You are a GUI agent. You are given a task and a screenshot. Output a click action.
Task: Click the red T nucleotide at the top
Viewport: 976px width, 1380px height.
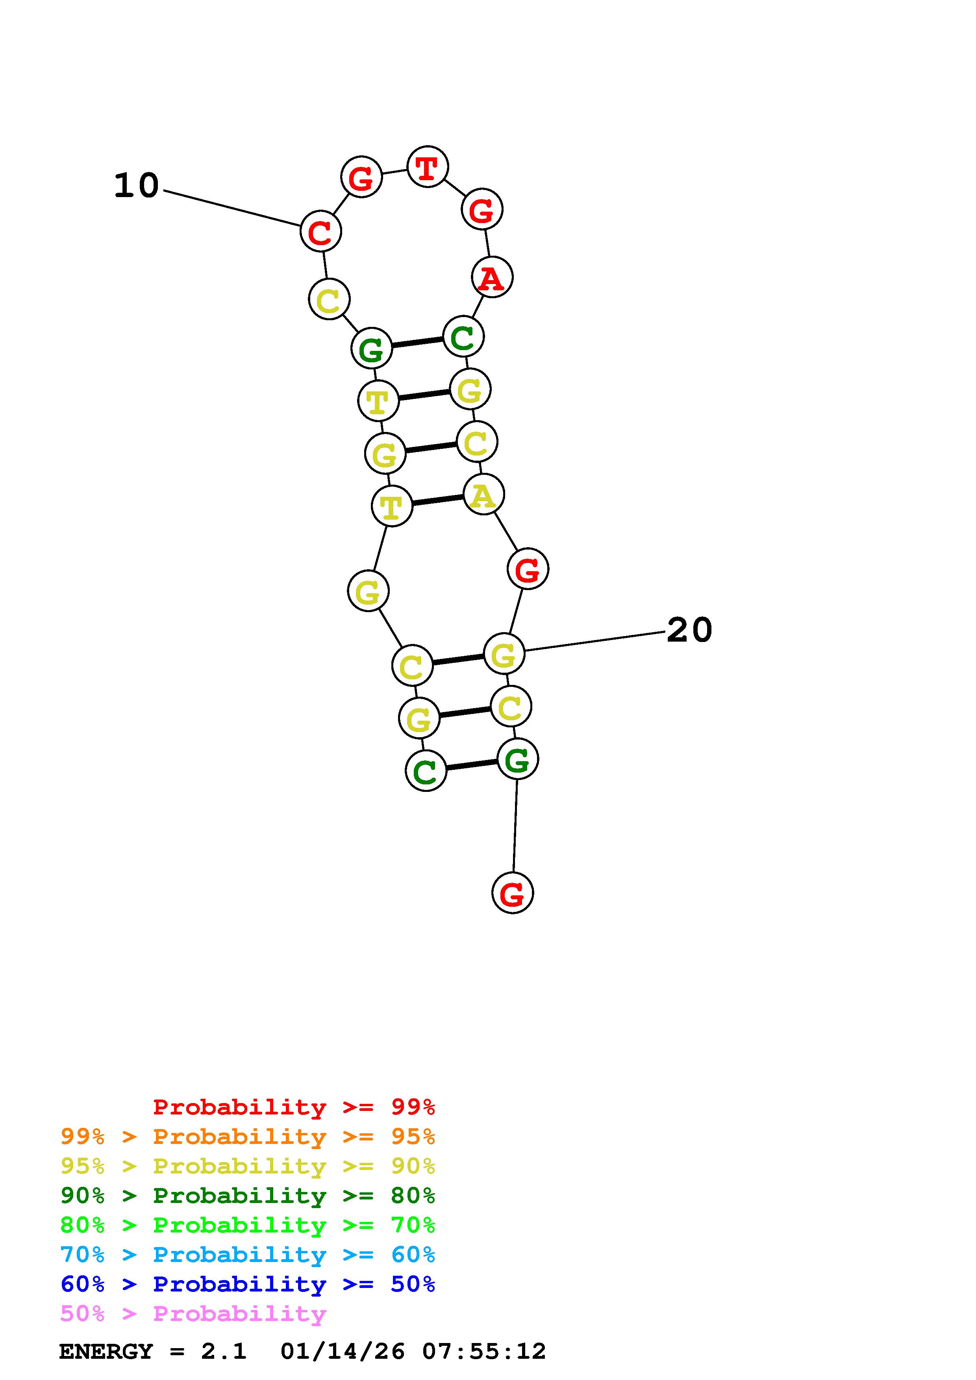coord(427,166)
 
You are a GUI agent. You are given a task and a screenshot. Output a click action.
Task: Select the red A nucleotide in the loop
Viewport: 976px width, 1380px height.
coord(492,277)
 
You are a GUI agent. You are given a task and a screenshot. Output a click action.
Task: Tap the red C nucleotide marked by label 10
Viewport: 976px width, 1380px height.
coord(320,231)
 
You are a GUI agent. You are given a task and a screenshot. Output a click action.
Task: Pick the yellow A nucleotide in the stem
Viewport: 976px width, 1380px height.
coord(483,494)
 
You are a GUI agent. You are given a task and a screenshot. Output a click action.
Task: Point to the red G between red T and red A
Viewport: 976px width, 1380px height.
coord(482,209)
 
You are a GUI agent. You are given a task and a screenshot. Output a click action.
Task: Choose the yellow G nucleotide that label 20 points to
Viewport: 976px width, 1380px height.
coord(504,653)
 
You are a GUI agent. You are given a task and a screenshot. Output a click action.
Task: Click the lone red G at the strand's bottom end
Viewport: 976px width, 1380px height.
coord(512,893)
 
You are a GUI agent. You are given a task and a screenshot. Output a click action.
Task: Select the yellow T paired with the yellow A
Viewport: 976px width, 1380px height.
coord(391,506)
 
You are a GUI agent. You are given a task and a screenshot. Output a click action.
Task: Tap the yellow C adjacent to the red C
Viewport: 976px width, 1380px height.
coord(329,299)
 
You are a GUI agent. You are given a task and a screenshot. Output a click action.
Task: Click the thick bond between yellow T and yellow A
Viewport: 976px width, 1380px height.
coord(438,500)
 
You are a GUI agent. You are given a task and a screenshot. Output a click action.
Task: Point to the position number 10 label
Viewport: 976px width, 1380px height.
coord(137,185)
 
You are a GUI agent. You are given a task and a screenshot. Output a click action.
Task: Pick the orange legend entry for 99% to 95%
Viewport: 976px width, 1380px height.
coord(248,1136)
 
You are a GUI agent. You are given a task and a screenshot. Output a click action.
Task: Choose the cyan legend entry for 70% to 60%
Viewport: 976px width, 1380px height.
coord(248,1255)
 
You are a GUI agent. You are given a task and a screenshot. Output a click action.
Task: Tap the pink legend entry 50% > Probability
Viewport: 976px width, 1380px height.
coord(193,1313)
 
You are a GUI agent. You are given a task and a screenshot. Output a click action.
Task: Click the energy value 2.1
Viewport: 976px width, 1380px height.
coord(224,1351)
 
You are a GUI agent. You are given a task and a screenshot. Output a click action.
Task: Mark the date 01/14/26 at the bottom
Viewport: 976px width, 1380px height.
coord(343,1351)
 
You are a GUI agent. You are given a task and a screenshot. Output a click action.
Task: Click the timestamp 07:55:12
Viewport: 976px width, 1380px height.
coord(484,1351)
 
